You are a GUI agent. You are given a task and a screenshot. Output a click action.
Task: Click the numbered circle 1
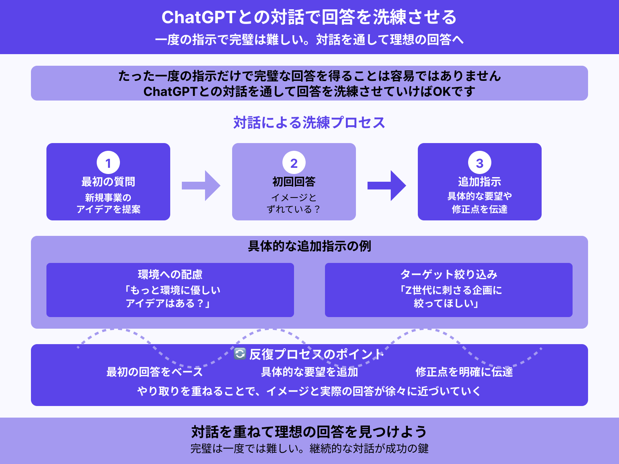108,163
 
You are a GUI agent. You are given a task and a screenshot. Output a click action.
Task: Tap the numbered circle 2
294,163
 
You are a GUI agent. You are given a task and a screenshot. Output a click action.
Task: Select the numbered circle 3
480,163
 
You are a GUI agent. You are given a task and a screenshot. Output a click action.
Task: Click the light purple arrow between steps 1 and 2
201,186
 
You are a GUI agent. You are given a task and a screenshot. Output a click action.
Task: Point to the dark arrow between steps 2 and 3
387,186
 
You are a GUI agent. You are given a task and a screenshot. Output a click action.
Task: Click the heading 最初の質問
108,182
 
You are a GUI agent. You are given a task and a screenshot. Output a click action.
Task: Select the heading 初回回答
294,182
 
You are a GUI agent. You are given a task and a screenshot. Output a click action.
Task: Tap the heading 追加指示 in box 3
480,182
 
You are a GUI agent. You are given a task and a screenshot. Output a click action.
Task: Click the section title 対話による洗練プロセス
309,123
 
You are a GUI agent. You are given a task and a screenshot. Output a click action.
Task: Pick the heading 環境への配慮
170,275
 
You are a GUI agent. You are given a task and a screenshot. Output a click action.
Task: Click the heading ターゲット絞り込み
449,275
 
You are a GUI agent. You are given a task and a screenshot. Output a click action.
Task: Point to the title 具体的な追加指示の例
309,246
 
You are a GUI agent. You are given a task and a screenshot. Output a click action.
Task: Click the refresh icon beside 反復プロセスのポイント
240,353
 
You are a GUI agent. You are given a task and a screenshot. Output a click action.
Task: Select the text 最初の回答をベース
155,372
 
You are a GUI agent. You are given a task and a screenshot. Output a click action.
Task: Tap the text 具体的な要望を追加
309,372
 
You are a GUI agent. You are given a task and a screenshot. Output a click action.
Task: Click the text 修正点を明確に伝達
464,372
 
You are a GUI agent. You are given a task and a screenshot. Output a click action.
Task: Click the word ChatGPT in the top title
198,17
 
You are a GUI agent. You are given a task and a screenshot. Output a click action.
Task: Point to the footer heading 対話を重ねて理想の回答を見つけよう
309,432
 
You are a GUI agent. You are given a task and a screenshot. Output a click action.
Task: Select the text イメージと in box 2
294,198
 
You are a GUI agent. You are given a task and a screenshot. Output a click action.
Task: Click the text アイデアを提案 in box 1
108,209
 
